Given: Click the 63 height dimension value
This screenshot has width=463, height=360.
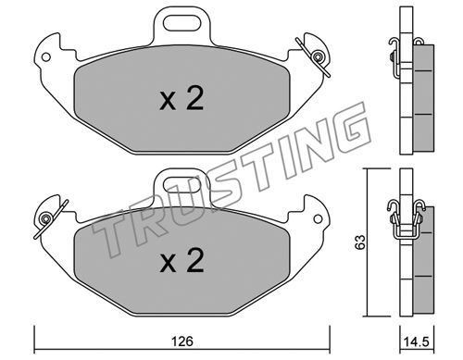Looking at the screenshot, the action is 360,242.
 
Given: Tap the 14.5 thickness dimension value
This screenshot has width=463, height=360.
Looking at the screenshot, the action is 416,341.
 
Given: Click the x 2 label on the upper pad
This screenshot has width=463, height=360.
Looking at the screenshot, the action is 181,98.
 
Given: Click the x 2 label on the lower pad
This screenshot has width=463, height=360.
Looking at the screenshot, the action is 181,260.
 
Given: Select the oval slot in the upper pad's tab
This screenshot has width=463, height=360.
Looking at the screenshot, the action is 181,24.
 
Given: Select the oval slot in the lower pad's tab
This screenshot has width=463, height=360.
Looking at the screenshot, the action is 181,185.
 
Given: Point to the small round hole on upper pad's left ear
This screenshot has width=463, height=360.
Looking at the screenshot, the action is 46,57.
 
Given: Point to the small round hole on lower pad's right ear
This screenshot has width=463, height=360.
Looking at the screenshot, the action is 318,219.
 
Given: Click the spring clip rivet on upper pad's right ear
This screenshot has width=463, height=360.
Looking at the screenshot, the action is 317,56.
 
